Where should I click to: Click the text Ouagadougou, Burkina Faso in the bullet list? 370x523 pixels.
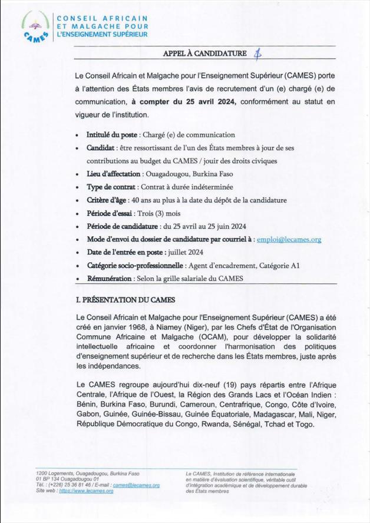click(191, 175)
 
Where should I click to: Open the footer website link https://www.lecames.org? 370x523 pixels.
click(86, 490)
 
